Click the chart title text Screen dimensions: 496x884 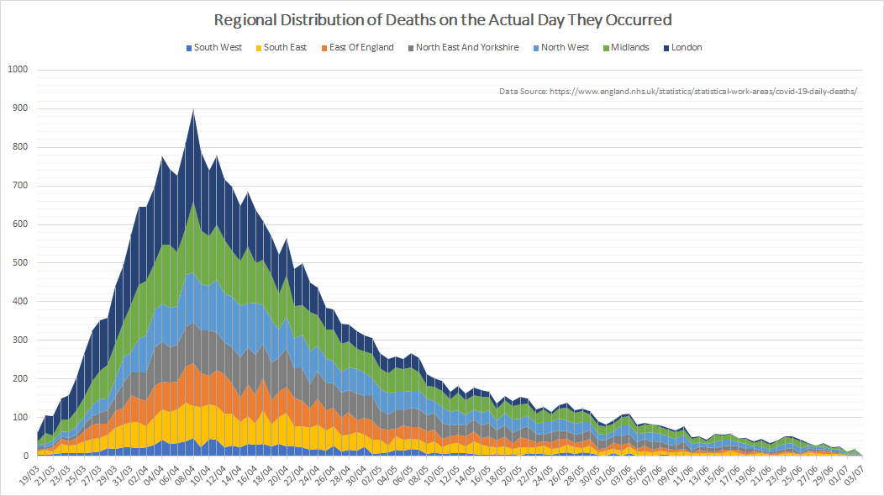coord(442,19)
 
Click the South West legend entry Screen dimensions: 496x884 coord(213,48)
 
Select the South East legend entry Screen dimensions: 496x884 coord(282,48)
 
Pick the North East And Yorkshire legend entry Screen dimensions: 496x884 coord(463,48)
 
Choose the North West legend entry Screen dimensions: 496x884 coord(560,48)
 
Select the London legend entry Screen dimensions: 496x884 coord(682,48)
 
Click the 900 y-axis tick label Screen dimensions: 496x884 coord(19,108)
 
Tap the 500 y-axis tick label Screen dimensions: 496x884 coord(19,263)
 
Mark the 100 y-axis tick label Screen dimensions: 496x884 coord(19,418)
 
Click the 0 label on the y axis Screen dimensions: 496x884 coord(25,456)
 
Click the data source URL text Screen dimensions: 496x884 coord(677,91)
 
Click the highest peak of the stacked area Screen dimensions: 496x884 coord(194,110)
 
